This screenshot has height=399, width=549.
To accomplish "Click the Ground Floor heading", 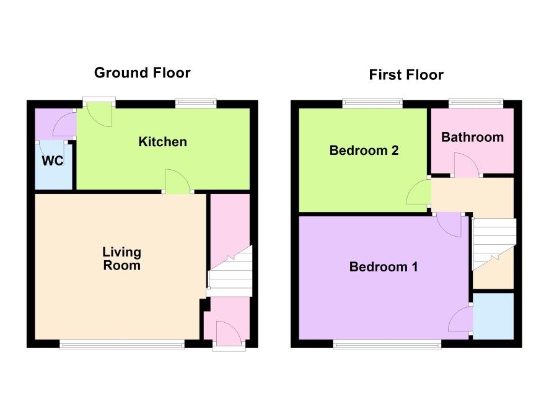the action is (142, 73).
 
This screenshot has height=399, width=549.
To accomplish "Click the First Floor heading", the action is (406, 75).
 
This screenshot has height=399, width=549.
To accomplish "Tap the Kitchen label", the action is (163, 142).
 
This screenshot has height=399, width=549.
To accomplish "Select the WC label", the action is (53, 160).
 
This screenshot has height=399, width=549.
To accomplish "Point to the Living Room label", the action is (122, 258).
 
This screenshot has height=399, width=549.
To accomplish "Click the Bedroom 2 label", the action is (364, 151).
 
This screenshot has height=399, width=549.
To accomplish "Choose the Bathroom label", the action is (472, 137).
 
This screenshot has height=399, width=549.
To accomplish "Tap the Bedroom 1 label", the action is (384, 267).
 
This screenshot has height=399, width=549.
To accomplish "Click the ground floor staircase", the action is (230, 271).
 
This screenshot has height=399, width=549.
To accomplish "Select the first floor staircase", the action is (494, 243).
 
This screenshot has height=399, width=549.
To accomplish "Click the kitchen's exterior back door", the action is (99, 114).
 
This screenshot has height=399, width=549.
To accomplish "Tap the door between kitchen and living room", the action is (178, 181).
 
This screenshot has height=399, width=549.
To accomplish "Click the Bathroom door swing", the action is (467, 165).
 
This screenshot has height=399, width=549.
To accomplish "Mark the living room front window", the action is (122, 345).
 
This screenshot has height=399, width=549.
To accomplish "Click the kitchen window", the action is (196, 103).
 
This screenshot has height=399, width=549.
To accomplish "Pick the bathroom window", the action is (476, 103).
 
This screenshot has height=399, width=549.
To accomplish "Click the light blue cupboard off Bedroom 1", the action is (493, 316).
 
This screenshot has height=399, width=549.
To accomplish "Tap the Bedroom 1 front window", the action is (387, 345).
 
